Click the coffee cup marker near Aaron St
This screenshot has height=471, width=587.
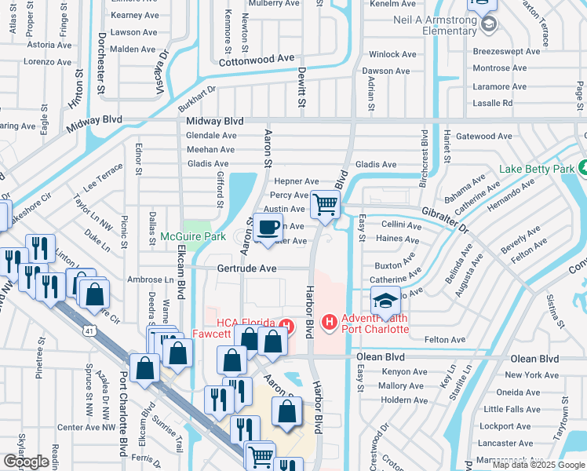268,228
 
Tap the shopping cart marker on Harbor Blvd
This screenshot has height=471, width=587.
325,205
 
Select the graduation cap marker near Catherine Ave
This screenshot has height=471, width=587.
385,301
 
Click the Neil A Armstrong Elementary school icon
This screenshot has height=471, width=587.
488,24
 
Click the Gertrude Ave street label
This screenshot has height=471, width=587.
246,268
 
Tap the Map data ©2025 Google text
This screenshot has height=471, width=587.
538,465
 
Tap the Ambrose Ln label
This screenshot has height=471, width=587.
151,279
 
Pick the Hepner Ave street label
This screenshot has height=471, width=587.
297,181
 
